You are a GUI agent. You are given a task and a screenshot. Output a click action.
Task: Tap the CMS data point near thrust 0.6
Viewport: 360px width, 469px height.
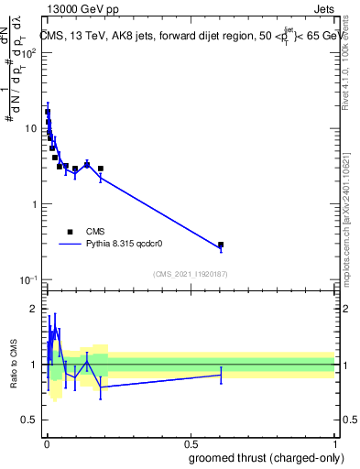(x=221, y=245)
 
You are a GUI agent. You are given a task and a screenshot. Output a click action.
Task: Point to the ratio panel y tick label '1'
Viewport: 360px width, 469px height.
(x=33, y=365)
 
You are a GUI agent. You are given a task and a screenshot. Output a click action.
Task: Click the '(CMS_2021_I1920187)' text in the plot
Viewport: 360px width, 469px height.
(x=190, y=273)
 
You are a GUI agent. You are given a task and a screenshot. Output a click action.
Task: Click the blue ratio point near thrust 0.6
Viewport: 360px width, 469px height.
(x=221, y=375)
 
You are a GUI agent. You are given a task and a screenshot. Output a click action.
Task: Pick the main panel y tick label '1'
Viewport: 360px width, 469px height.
(x=33, y=203)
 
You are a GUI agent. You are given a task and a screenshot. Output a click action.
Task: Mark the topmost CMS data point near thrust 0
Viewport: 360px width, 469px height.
(x=47, y=112)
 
